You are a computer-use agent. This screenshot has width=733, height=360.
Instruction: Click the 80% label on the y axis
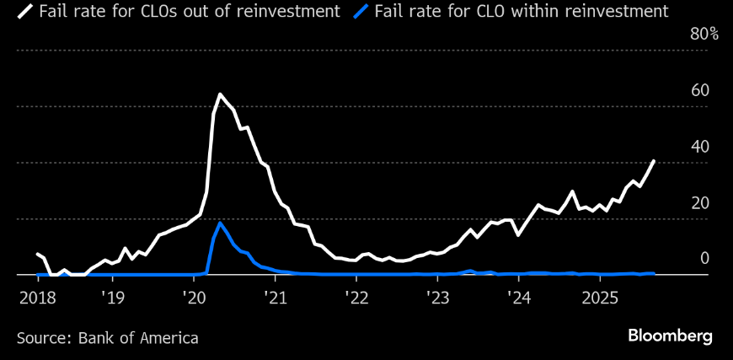click(704, 35)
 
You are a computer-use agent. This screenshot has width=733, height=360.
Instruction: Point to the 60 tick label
click(699, 91)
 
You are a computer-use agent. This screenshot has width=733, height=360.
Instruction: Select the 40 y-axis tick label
click(699, 147)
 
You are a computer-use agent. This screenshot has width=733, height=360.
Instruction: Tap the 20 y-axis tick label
click(699, 203)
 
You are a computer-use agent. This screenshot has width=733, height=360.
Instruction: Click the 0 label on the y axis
click(704, 259)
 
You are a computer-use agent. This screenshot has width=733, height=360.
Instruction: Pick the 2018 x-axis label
click(36, 298)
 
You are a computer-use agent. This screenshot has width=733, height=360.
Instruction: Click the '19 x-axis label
click(112, 298)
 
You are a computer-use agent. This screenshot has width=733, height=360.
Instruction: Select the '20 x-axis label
click(194, 298)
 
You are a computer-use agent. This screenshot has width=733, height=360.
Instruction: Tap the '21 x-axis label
click(276, 298)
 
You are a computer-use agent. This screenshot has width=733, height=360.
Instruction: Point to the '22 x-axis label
click(356, 298)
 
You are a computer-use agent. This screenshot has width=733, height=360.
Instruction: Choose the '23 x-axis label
click(438, 298)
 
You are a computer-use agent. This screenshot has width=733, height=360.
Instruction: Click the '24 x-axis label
click(519, 298)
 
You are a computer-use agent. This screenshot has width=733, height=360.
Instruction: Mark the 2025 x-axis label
click(601, 298)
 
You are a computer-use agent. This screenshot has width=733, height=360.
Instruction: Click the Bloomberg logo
click(670, 336)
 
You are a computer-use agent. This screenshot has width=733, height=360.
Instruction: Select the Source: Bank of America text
click(108, 338)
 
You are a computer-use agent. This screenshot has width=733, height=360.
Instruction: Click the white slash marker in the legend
click(25, 12)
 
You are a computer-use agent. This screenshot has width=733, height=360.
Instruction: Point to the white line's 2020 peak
click(220, 94)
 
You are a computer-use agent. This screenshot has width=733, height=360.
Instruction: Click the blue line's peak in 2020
click(220, 223)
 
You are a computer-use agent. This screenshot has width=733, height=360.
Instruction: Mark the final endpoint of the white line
click(654, 161)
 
